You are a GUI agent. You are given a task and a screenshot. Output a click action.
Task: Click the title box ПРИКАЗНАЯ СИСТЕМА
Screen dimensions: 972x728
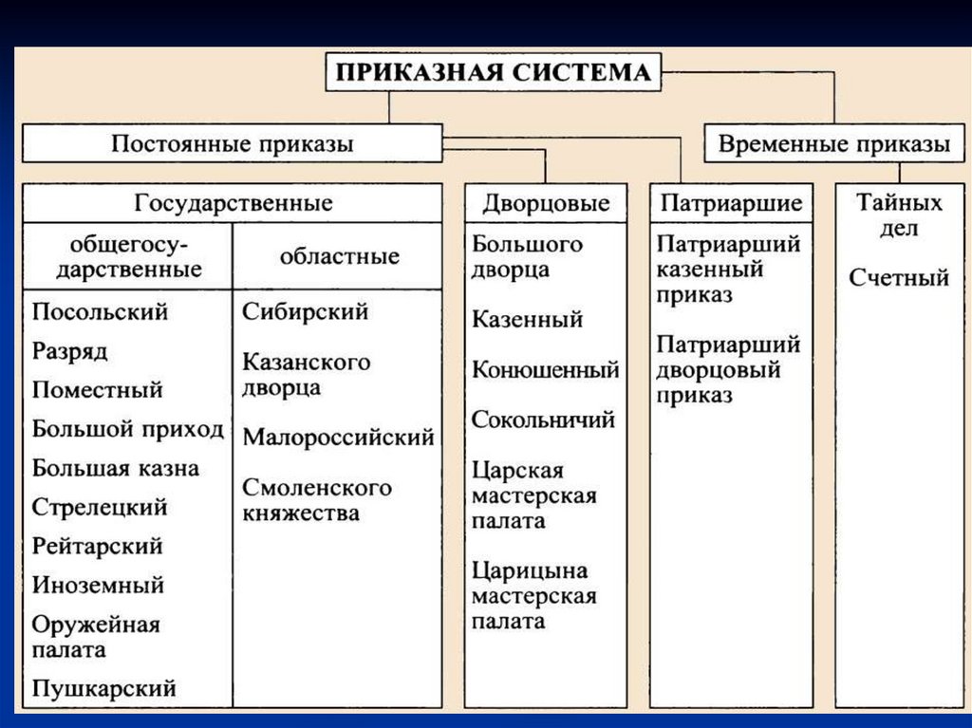pos(494,72)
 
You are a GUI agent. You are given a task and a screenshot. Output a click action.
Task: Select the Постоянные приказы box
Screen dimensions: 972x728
pos(233,144)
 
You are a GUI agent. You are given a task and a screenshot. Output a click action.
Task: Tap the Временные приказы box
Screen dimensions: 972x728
pos(833,144)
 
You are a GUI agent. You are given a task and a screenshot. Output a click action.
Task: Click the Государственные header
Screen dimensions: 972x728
pos(234,203)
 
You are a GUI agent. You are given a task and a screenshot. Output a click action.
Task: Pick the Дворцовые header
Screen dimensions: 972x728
pos(546,203)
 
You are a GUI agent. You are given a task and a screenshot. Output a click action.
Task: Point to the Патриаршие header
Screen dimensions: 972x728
pos(731,203)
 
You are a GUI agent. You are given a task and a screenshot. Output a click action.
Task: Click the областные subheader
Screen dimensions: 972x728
pos(339,256)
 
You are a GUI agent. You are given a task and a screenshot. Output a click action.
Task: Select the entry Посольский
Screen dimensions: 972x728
pos(100,311)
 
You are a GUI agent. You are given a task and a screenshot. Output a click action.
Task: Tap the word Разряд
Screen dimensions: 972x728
pos(70,351)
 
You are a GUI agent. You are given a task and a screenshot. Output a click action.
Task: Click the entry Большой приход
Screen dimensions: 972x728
pos(128,429)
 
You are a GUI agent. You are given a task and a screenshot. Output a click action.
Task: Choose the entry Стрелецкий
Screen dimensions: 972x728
pos(100,507)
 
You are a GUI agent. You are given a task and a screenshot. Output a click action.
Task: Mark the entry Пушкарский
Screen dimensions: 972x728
pos(104,687)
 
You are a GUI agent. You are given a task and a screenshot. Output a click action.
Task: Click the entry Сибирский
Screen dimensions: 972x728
pos(306,311)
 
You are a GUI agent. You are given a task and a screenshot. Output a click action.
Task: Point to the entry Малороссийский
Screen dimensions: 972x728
pos(339,438)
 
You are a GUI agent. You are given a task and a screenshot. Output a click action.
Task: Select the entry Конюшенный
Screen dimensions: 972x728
pos(546,369)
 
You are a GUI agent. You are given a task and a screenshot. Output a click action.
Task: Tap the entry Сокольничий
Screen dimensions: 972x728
pos(544,419)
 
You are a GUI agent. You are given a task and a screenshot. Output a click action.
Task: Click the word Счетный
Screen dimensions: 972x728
pos(899,278)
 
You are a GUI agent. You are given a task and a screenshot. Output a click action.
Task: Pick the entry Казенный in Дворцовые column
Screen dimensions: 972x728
pos(527,320)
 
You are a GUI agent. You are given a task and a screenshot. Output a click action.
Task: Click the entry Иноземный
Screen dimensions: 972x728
pos(98,585)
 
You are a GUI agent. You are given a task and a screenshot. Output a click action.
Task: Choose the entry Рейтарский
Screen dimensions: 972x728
pos(97,546)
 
